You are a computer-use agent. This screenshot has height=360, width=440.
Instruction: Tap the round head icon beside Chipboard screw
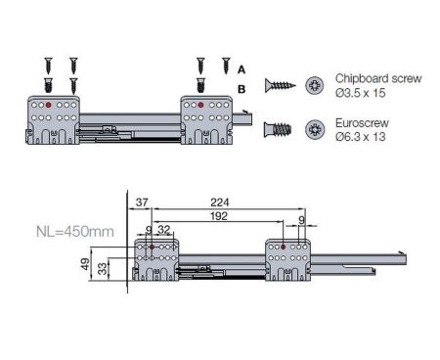tap(315, 85)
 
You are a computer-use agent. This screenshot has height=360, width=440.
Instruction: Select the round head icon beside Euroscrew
tap(315, 129)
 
